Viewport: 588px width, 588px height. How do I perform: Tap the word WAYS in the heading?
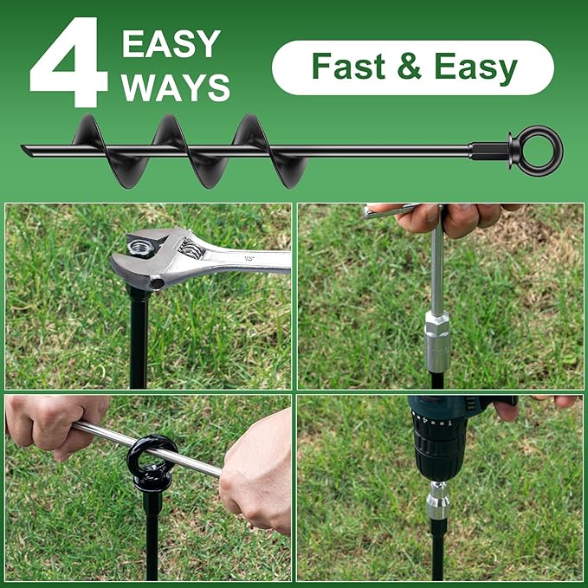[x=176, y=87]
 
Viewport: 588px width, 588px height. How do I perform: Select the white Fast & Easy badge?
[x=413, y=68]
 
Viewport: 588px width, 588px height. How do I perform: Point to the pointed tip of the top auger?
[x=28, y=151]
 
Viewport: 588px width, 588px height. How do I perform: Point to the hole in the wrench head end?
[x=157, y=282]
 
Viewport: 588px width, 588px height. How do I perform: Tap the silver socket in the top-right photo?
[x=437, y=341]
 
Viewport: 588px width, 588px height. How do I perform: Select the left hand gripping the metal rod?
[x=52, y=423]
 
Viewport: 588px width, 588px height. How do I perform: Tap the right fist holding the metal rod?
[x=256, y=472]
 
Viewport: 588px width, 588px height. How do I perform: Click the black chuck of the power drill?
[x=440, y=450]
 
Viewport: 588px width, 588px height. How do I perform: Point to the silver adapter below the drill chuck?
[x=437, y=500]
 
